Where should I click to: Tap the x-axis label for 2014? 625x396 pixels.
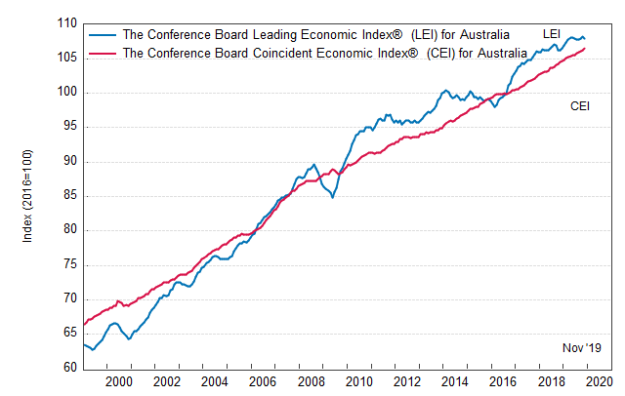coord(453,382)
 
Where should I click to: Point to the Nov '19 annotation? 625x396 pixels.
coord(583,348)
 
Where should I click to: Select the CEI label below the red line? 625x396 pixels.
coord(579,106)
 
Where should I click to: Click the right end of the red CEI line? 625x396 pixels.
coord(585,49)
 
